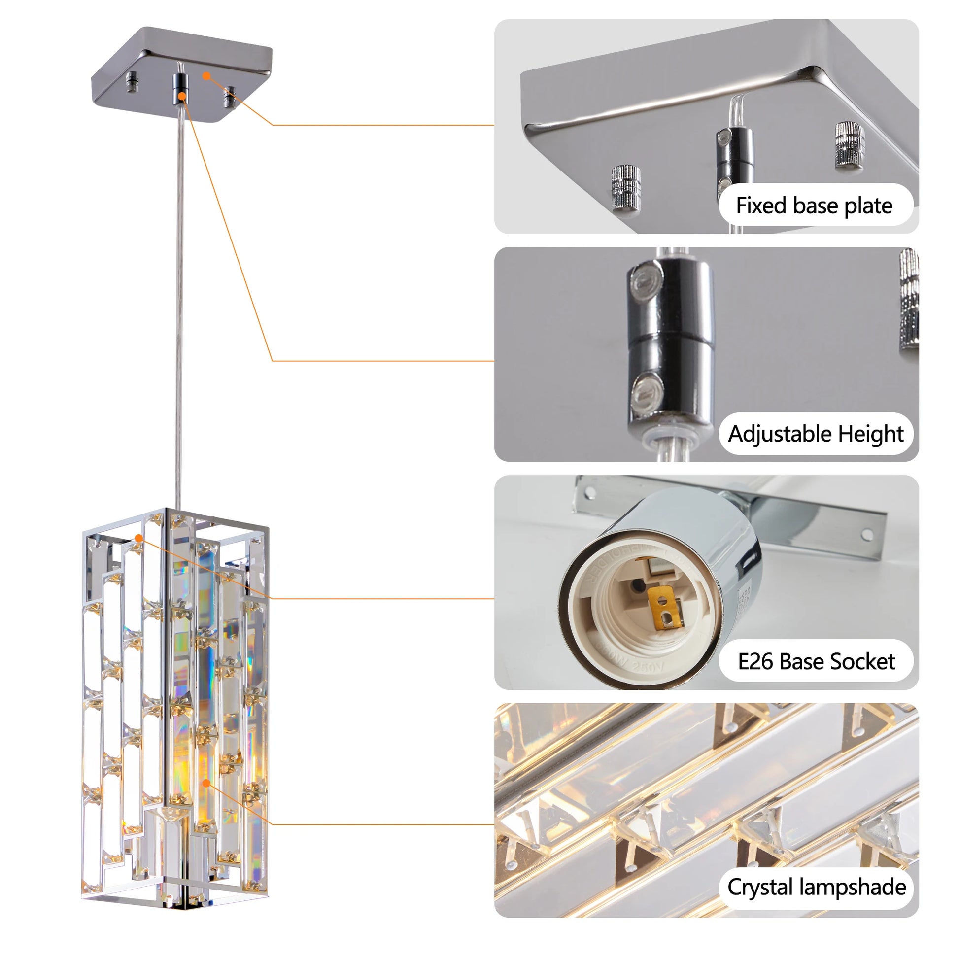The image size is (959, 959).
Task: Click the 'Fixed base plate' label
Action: (x=815, y=205)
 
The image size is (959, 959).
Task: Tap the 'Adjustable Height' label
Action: (x=816, y=433)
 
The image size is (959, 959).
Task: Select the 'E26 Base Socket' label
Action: (x=816, y=662)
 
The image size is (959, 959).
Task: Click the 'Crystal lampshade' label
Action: (x=817, y=887)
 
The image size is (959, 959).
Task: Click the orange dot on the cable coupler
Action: (x=182, y=96)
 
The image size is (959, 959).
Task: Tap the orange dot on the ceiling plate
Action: (x=207, y=76)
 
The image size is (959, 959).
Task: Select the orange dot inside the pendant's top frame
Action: (x=139, y=538)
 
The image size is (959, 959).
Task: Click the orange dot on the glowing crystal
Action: (x=206, y=783)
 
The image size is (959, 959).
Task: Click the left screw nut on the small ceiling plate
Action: (x=132, y=82)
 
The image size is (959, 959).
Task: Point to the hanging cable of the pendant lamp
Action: (x=180, y=298)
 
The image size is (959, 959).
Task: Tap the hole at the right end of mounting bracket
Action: (x=867, y=535)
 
